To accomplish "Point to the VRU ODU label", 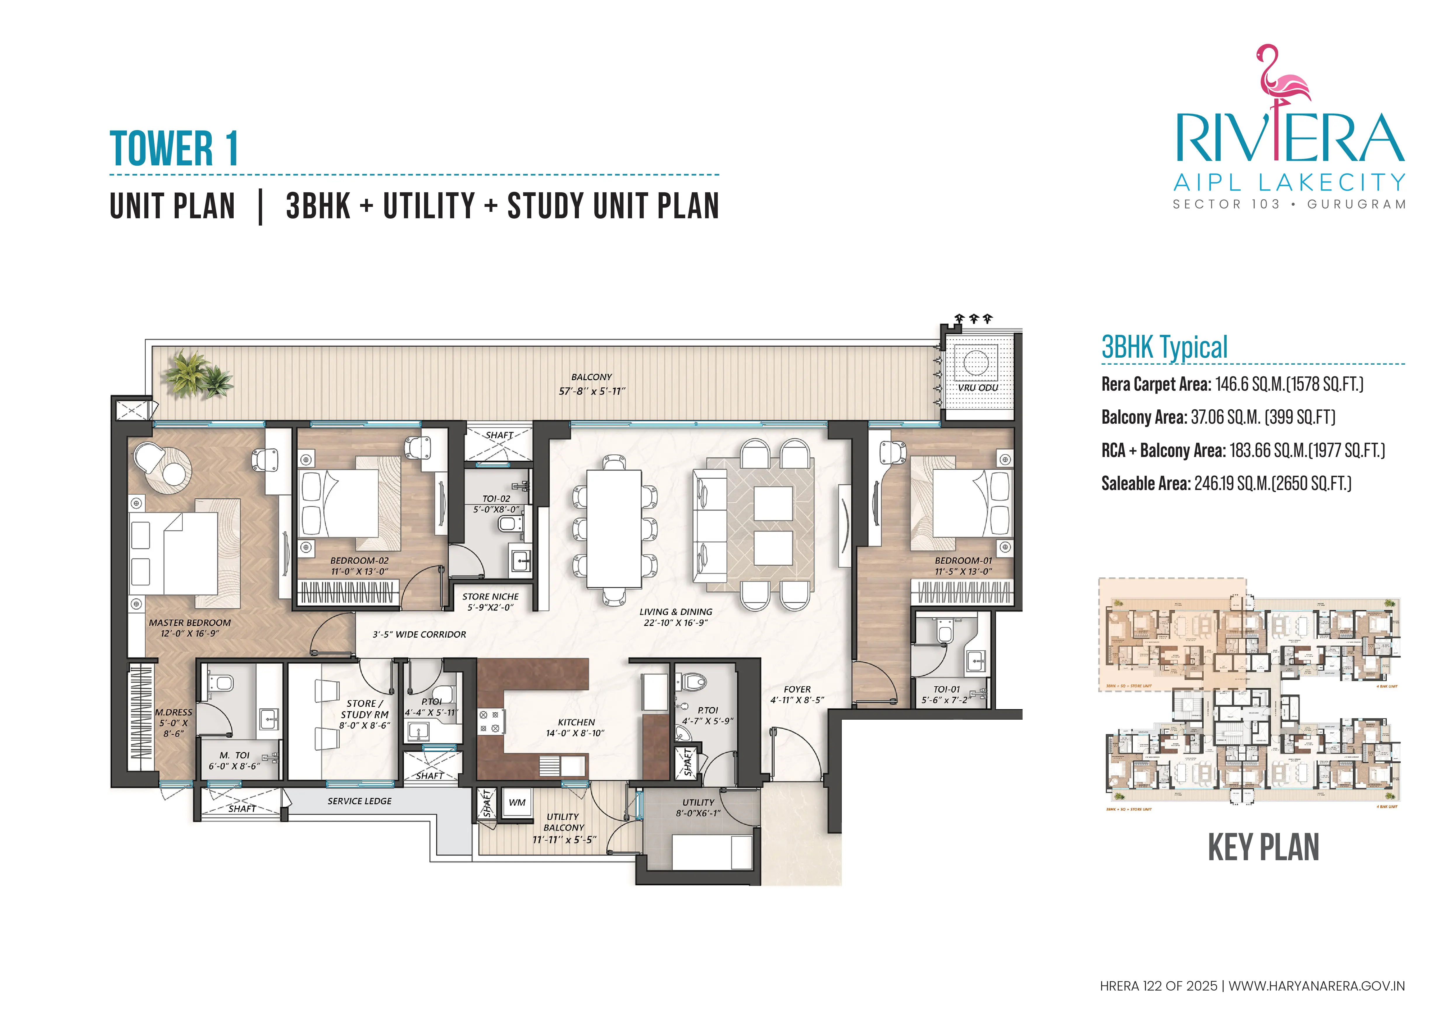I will [x=978, y=387].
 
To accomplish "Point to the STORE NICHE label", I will [x=490, y=596].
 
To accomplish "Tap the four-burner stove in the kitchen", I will [x=489, y=721].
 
